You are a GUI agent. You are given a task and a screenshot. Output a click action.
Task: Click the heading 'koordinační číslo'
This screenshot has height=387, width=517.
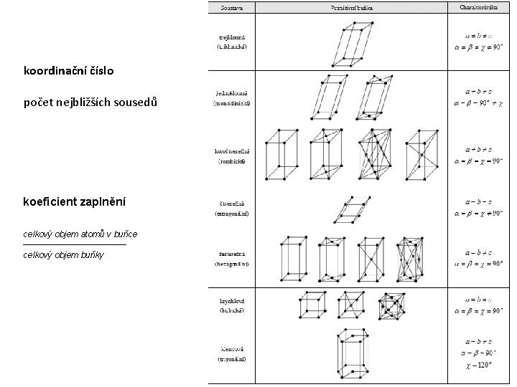[68, 72]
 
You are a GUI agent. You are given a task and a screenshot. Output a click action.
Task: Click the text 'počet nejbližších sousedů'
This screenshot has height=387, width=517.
[90, 102]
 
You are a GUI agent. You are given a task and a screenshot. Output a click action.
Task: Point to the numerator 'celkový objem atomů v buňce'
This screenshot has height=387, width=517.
[80, 234]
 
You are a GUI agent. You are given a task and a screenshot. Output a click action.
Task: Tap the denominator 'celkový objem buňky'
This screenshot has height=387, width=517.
[63, 254]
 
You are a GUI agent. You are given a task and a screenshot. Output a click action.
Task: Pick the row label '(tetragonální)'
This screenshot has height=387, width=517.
[231, 214]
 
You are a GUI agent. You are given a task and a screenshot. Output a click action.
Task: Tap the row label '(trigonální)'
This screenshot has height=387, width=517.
[231, 358]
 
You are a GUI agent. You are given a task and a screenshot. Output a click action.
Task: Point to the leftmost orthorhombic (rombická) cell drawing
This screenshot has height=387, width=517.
[281, 155]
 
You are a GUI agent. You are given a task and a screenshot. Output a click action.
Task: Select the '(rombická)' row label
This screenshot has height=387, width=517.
[231, 162]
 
